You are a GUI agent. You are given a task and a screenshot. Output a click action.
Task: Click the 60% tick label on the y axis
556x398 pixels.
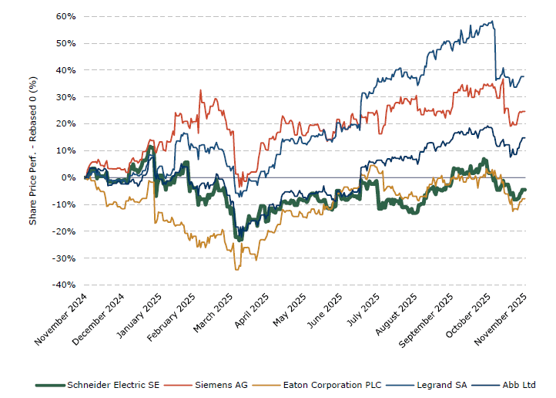point(65,16)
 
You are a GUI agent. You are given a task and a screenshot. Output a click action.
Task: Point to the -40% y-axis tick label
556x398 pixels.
point(64,285)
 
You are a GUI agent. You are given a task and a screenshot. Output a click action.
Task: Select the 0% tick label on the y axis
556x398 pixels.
point(68,177)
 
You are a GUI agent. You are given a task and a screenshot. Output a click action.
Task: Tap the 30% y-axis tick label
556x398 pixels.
point(65,96)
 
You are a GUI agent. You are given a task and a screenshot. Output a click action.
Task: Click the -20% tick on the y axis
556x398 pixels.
point(64,231)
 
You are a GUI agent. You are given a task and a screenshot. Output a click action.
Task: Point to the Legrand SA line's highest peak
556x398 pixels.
point(492,22)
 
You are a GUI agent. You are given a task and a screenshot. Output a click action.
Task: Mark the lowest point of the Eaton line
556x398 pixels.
point(236,269)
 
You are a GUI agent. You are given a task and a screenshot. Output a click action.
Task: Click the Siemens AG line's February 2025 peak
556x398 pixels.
point(200,91)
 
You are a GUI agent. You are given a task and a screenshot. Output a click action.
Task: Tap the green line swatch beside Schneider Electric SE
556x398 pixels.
point(50,384)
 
